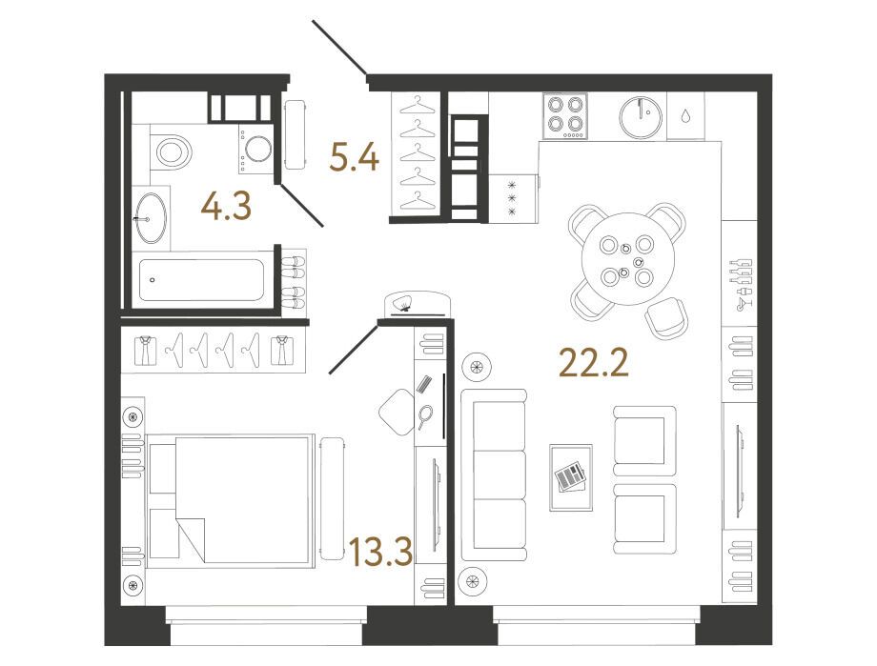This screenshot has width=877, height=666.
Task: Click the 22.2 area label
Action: (x=594, y=362)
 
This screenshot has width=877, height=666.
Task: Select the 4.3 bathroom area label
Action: (x=226, y=207)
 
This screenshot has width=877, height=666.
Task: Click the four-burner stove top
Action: (x=565, y=115)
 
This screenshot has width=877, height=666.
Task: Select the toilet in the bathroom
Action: (x=172, y=151)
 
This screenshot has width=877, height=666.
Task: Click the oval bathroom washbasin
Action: (x=151, y=217)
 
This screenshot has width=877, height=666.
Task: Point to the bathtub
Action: (x=201, y=279)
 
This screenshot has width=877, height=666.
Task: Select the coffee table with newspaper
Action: (x=570, y=477)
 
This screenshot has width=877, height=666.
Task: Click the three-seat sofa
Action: (x=494, y=474)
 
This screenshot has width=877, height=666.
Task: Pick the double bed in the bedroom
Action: (x=231, y=500)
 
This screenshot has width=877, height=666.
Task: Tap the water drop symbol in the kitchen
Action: (x=685, y=116)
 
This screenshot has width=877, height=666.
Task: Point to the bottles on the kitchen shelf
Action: (x=741, y=284)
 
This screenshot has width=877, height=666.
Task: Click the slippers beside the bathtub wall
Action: (x=295, y=281)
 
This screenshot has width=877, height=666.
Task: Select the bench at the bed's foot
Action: (x=333, y=499)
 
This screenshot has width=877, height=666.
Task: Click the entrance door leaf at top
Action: (x=339, y=48)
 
